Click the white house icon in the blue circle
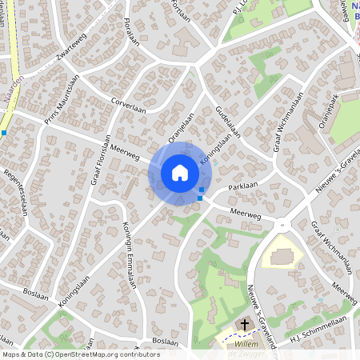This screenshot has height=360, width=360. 180,173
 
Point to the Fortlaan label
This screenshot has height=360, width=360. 181,9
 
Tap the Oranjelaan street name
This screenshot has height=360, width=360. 182,121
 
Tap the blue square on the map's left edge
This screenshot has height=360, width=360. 3,133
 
